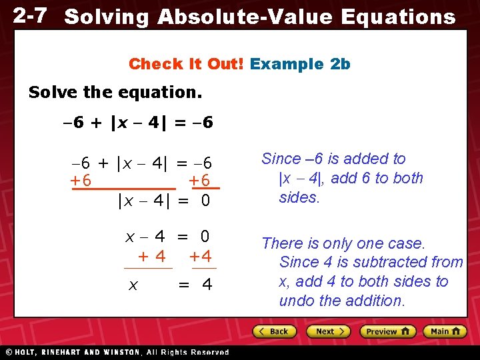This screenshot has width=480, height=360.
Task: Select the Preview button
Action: [387, 331]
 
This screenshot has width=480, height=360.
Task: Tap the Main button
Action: [445, 331]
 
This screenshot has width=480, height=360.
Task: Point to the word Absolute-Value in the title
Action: [244, 17]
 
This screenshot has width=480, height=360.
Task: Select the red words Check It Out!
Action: [187, 64]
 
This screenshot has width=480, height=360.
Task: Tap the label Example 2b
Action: [300, 64]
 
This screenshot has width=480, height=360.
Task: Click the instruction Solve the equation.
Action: [115, 92]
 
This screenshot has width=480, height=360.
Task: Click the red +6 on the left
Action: [81, 181]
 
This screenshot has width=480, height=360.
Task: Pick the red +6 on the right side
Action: [199, 181]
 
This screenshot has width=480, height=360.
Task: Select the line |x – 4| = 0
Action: [163, 199]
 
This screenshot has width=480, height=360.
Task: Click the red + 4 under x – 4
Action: [151, 256]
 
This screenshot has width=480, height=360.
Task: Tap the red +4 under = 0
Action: [200, 256]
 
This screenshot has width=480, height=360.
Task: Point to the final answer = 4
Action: [195, 285]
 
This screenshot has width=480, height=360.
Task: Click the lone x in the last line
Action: [133, 285]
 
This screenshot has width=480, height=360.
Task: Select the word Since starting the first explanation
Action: [281, 159]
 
